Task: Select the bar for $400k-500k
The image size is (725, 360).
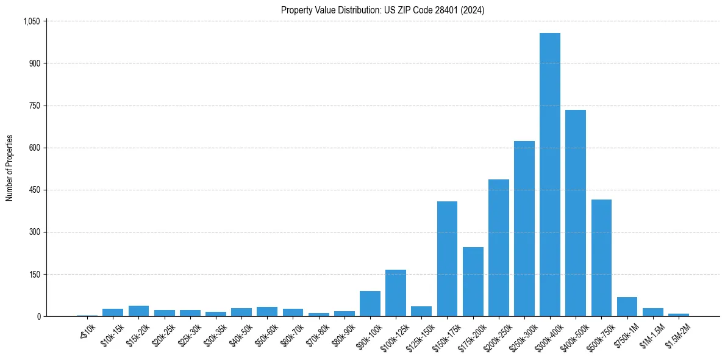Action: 575,213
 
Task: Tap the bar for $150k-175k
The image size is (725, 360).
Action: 447,259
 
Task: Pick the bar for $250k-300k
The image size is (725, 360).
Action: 524,229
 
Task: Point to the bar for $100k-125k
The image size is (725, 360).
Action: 396,293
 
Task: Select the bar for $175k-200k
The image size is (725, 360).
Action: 473,281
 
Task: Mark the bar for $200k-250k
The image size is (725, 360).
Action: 498,248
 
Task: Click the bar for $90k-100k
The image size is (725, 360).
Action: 370,304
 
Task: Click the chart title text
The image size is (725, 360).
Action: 382,10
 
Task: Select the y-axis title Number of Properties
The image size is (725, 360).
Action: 10,168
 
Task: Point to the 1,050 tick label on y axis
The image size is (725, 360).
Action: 31,21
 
